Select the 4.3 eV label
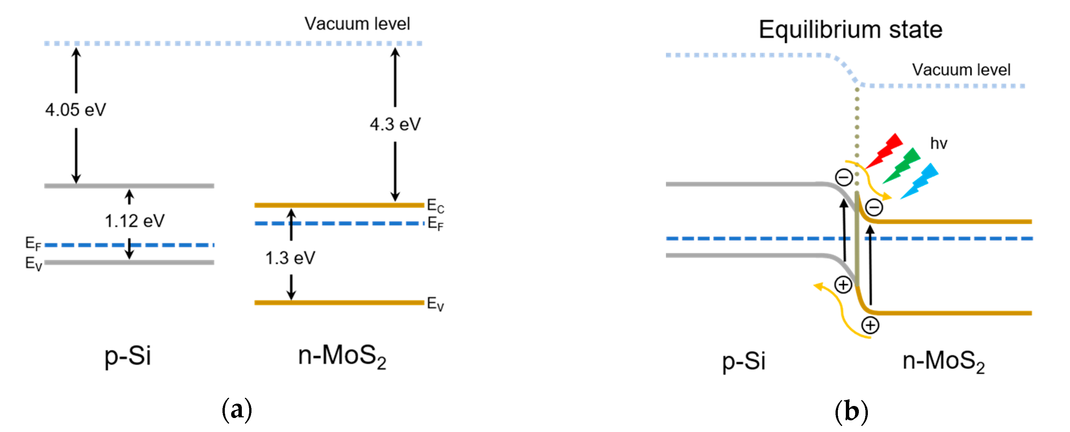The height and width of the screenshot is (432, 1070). (x=395, y=124)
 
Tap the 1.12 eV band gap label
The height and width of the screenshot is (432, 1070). (x=134, y=221)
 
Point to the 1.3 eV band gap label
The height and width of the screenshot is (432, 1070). (x=290, y=258)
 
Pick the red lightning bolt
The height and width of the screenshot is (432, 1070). (x=885, y=150)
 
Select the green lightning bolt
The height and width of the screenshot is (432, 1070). (x=902, y=165)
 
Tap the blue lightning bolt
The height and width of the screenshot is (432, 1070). (x=920, y=181)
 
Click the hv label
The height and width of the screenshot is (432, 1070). (x=938, y=143)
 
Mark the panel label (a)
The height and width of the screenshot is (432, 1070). (x=237, y=410)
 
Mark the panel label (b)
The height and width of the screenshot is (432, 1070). (x=851, y=411)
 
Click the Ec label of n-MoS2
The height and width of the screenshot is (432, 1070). (x=435, y=205)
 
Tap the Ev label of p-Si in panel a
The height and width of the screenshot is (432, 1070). (x=33, y=263)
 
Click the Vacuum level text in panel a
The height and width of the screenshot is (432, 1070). (x=357, y=24)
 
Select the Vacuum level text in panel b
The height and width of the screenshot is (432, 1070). (x=961, y=70)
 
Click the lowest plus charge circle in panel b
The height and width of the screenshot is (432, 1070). (x=870, y=325)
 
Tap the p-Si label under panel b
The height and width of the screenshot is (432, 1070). (x=743, y=361)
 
